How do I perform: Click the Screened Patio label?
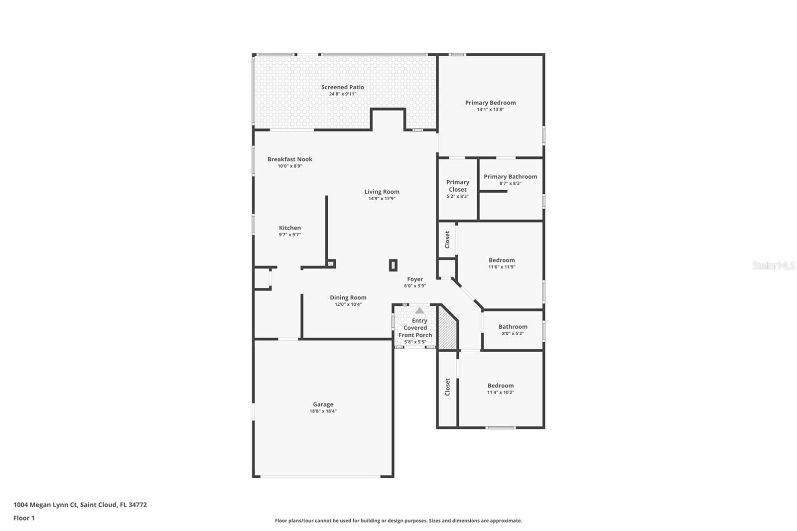click(342, 87)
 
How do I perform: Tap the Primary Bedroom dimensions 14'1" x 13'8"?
click(490, 110)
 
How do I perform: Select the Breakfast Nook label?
click(290, 159)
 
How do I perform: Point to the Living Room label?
click(382, 192)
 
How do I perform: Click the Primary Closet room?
click(457, 189)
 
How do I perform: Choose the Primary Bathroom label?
click(510, 177)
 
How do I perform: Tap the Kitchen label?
click(289, 228)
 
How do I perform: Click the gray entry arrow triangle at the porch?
click(419, 310)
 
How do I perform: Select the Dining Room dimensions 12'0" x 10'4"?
click(348, 304)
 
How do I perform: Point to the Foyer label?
click(415, 279)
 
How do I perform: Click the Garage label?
click(323, 404)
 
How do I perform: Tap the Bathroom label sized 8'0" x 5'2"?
click(513, 327)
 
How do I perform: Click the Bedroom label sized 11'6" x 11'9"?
click(502, 260)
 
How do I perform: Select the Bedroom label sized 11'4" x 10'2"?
click(500, 386)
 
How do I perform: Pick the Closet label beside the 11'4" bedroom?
click(447, 387)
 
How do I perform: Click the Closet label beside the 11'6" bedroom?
click(447, 240)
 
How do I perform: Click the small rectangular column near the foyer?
click(393, 265)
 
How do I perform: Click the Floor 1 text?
click(24, 518)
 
